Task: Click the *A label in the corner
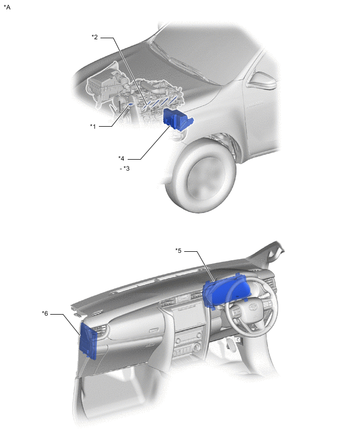[7, 7]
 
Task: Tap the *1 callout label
[93, 126]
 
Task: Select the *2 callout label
[95, 37]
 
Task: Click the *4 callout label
[121, 159]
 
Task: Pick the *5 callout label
[178, 251]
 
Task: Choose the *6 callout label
[45, 314]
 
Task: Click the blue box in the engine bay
[178, 120]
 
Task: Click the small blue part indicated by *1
[130, 104]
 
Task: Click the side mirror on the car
[262, 81]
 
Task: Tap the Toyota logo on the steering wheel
[252, 308]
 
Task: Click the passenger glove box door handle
[153, 330]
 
